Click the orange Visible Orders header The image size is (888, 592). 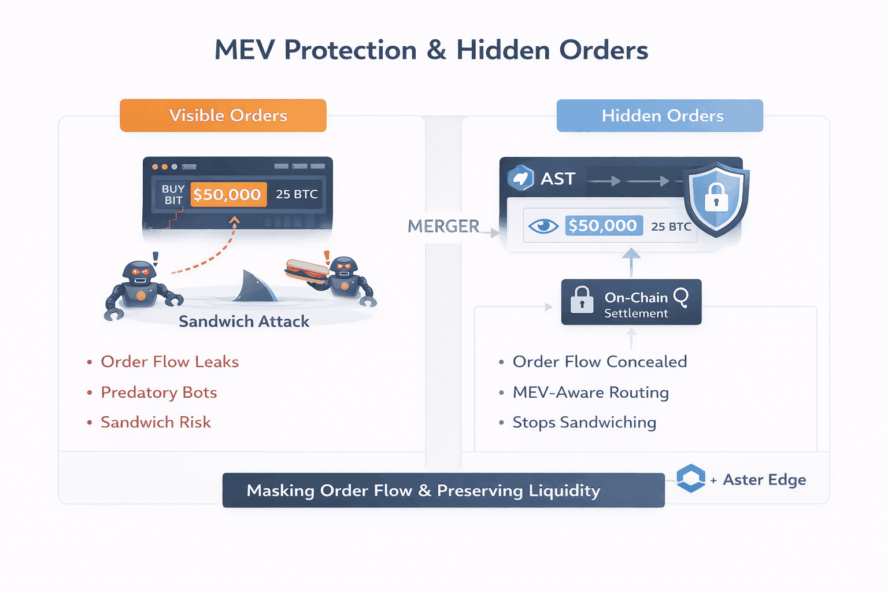tap(223, 116)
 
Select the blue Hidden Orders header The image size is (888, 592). tap(660, 116)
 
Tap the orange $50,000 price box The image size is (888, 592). tap(228, 195)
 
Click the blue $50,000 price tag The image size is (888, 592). tap(603, 225)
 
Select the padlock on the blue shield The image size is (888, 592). tap(716, 198)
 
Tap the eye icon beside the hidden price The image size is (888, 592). tap(543, 226)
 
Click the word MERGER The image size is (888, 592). tap(443, 227)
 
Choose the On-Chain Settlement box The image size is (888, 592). tap(631, 302)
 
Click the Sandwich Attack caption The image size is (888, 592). tap(243, 321)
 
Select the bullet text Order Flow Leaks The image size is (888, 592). tap(169, 362)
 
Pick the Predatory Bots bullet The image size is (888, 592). tap(158, 393)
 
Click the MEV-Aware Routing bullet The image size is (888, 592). tap(590, 393)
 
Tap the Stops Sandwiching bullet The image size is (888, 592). tap(584, 423)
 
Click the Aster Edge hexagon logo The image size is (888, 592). tap(691, 479)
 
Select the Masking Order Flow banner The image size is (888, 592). tap(443, 491)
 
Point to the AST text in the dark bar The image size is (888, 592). tap(557, 179)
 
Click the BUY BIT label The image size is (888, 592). tap(173, 195)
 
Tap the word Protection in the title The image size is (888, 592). tap(350, 50)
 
